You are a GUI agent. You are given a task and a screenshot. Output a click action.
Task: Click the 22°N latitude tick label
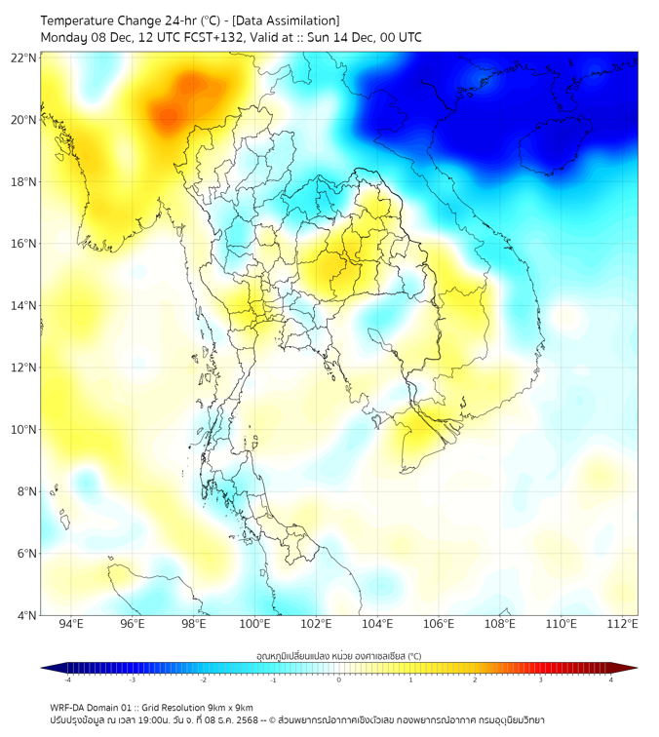24,58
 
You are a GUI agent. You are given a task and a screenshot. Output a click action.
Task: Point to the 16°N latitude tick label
24,244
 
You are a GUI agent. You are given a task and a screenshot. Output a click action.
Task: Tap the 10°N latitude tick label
24,430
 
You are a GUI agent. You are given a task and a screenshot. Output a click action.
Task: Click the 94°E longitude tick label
71,624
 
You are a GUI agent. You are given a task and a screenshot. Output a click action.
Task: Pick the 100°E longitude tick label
254,624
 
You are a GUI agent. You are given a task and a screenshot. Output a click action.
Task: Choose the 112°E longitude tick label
623,624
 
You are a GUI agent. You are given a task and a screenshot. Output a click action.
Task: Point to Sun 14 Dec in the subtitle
348,38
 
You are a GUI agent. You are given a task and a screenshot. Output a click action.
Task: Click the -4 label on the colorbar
67,679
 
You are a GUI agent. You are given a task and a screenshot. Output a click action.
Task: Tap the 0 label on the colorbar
339,679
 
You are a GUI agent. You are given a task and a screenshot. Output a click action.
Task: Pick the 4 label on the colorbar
611,679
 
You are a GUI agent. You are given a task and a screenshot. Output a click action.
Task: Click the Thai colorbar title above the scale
338,655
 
